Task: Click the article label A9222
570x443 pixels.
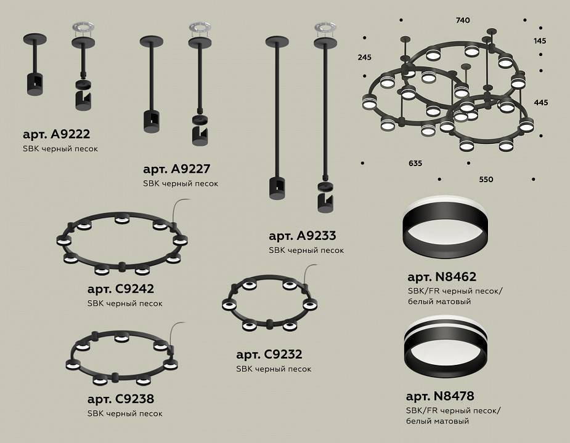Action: pos(56,134)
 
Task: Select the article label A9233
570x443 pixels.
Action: pos(302,236)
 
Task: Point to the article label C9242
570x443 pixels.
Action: pos(121,289)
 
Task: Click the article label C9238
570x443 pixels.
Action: pos(121,398)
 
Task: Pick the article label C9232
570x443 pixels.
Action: pos(269,354)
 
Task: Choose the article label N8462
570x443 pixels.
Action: pos(441,277)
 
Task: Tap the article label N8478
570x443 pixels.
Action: pos(440,396)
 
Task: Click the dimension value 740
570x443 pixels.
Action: pos(463,20)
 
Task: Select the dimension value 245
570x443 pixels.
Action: pos(364,57)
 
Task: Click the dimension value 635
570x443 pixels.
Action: pos(415,164)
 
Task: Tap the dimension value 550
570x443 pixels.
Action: pos(486,180)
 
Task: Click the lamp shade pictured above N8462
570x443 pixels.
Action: pos(441,228)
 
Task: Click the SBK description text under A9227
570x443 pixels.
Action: pos(180,183)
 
